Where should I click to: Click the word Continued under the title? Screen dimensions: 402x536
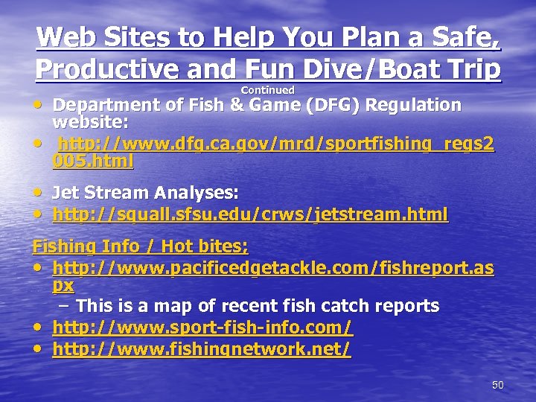pyautogui.click(x=267, y=90)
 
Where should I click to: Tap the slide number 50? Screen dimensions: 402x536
pyautogui.click(x=498, y=385)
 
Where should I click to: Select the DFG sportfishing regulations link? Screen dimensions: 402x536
pyautogui.click(x=275, y=144)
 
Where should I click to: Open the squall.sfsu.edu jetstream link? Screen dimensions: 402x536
pyautogui.click(x=250, y=215)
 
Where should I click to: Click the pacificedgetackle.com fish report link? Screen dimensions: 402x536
pyautogui.click(x=273, y=268)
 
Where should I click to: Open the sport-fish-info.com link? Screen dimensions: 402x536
pyautogui.click(x=202, y=328)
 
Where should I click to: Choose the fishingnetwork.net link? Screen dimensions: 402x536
pyautogui.click(x=201, y=348)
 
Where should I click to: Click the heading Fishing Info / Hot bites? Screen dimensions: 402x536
pyautogui.click(x=140, y=246)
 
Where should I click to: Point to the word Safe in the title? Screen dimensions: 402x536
pyautogui.click(x=465, y=37)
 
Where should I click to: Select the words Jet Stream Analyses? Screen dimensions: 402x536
pyautogui.click(x=145, y=194)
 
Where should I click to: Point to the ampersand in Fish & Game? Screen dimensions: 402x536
pyautogui.click(x=237, y=105)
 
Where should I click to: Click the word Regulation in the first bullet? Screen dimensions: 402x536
pyautogui.click(x=415, y=105)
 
